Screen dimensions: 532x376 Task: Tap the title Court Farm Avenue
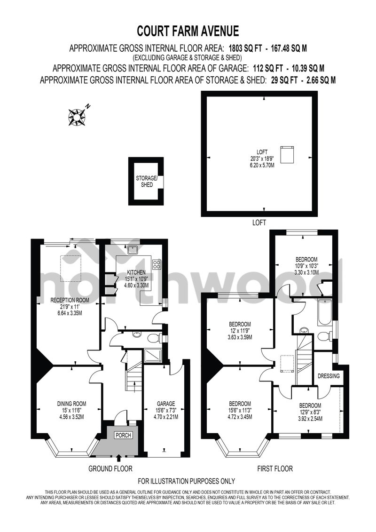[188, 32]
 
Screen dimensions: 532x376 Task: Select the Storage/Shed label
[144, 182]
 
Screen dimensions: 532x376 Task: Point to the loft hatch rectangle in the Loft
[286, 153]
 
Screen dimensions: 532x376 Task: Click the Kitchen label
[135, 272]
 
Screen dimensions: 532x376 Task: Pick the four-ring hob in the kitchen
[157, 264]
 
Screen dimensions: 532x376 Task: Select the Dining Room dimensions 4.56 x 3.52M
[71, 416]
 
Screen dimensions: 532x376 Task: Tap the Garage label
[166, 404]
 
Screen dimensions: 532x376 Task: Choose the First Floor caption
[275, 468]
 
